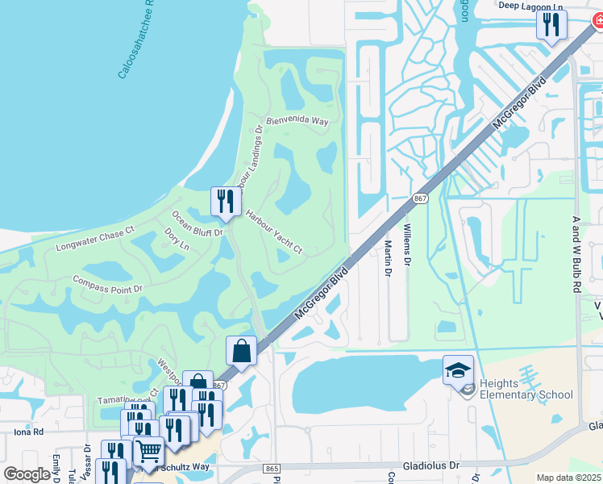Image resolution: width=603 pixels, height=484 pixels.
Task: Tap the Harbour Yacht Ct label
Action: [x=273, y=232]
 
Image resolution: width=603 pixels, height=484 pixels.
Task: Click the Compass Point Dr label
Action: [x=106, y=283]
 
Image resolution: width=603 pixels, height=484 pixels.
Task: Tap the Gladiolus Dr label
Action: [x=431, y=465]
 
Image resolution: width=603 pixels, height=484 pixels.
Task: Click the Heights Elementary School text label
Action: [x=526, y=389]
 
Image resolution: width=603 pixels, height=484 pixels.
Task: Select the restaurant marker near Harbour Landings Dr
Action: [x=226, y=202]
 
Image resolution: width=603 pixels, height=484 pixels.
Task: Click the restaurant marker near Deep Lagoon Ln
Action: [x=551, y=24]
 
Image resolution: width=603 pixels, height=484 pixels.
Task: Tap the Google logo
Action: [x=27, y=474]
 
